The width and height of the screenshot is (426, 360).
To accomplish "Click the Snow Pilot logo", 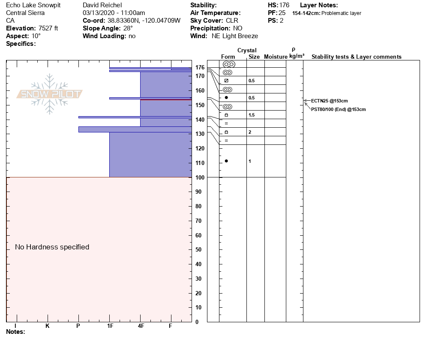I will point(50,94).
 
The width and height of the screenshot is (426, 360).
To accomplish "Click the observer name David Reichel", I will point(102,5).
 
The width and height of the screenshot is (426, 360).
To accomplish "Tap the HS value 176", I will point(284,5).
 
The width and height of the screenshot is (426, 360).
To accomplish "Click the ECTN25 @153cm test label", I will point(329,101).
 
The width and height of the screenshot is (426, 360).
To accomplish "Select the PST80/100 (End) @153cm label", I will point(338,109).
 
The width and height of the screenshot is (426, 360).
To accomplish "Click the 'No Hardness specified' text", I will point(52,247).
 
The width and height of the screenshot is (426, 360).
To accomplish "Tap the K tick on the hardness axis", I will point(48,326).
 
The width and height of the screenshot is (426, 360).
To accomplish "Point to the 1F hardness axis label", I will point(110,326).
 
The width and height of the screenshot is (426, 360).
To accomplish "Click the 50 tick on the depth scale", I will point(198,250).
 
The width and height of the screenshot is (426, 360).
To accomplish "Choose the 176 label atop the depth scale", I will point(199,67).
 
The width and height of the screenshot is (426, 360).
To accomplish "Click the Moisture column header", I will point(276,57).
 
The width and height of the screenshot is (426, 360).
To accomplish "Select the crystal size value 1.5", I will point(252,115).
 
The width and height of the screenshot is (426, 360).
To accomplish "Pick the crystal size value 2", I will point(250,132).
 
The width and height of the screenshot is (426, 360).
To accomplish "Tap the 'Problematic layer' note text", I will point(341,13).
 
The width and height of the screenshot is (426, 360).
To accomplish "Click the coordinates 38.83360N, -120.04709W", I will point(144,21).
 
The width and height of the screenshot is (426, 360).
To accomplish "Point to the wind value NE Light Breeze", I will point(235,36).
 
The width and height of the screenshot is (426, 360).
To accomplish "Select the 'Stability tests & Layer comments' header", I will point(356,57).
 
